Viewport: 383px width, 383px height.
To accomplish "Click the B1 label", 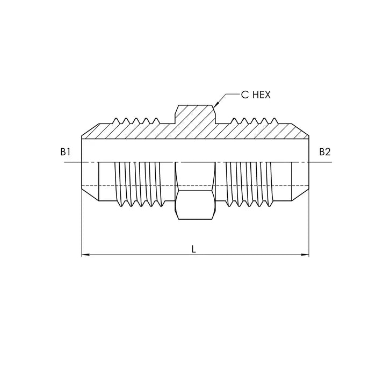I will pos(66,152).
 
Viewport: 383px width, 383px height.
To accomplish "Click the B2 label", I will pos(324,152).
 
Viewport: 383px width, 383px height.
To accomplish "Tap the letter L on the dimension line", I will pos(194,248).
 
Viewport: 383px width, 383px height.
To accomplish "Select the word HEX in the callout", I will pos(261,95).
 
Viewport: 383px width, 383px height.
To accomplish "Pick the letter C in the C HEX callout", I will pos(244,95).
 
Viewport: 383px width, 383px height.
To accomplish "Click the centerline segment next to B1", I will pos(73,162).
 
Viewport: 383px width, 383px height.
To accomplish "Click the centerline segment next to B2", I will pos(317,162).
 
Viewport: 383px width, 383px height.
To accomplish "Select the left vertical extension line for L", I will pos(82,226).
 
